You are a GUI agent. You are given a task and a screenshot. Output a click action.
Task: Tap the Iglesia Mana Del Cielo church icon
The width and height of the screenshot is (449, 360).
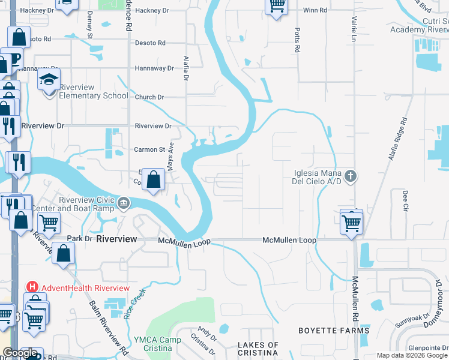tap(351, 176)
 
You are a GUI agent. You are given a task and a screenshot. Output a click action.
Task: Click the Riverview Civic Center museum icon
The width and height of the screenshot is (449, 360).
tap(123, 202)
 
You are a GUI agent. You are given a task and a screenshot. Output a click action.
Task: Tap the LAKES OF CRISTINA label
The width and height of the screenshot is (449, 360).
tap(258, 349)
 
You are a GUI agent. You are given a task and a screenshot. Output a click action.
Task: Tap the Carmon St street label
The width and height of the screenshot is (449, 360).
tap(149, 149)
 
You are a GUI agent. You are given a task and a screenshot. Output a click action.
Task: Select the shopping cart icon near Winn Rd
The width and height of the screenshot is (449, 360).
tap(276, 7)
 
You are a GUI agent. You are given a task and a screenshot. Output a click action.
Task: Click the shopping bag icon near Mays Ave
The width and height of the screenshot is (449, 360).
tap(154, 179)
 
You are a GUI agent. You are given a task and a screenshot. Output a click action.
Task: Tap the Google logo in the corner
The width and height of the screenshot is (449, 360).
tap(20, 353)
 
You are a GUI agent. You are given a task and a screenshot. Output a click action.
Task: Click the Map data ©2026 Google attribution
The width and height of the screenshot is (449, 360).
tap(411, 355)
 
